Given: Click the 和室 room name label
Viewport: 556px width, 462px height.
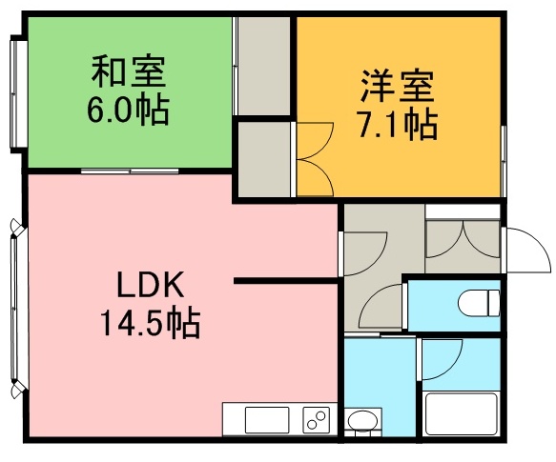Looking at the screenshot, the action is pos(129,71).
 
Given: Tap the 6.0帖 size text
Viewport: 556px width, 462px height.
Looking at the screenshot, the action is pos(128,109).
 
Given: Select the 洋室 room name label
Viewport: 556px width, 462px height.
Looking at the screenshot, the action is pos(397,87).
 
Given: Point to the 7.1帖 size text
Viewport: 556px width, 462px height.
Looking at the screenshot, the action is pos(398,125).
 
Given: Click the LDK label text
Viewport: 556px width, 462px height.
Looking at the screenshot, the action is pos(151,284).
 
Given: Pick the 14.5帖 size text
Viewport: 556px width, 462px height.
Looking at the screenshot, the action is pos(151,322).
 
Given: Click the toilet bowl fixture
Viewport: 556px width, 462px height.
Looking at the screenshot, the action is pos(479,303).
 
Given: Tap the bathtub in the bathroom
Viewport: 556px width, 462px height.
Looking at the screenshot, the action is pos(461,413).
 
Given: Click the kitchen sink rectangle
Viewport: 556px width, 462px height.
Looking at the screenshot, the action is pos(267,420).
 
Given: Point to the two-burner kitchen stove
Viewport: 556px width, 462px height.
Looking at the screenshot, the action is pos(317,420).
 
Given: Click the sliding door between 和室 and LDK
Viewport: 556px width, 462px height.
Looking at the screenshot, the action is pos(130,171).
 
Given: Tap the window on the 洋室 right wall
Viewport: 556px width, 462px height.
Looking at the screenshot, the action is pos(504,161).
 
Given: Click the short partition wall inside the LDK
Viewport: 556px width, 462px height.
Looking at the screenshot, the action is pos(286,281).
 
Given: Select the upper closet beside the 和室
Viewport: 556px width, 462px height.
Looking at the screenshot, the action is pos(264,66).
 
